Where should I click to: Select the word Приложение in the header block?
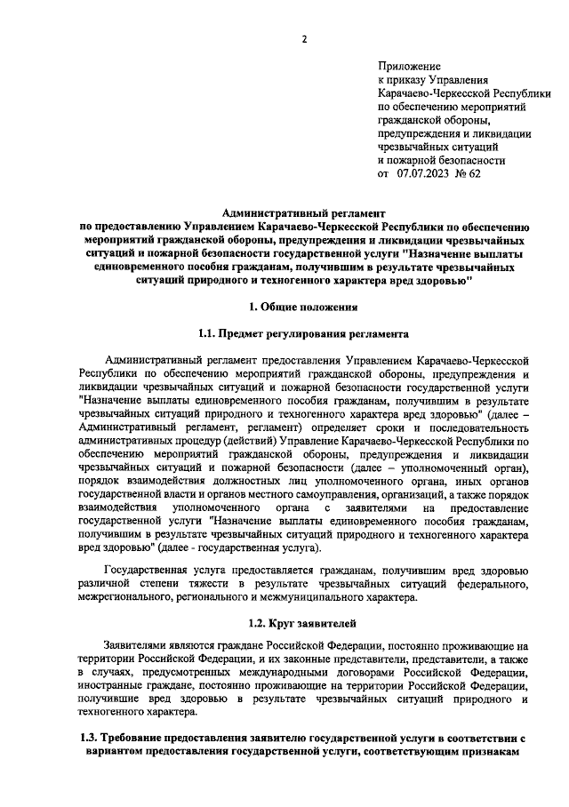tap(409, 67)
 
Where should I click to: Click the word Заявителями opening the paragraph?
tap(139, 645)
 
